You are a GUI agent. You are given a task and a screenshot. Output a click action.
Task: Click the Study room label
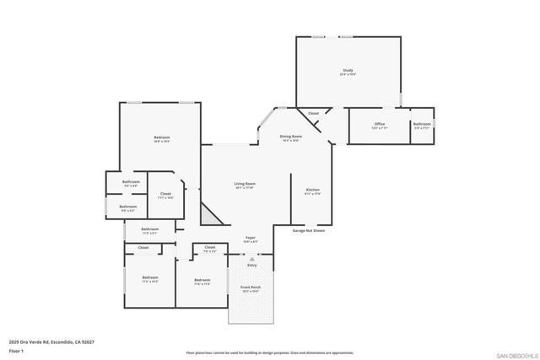348,71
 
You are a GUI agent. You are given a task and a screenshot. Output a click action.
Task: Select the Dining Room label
291,137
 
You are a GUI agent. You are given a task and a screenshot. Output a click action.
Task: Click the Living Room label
245,185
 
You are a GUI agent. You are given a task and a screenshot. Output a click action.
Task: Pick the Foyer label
251,239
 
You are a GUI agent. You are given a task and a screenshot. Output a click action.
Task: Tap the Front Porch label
251,289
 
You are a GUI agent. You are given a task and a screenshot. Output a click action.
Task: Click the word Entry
251,266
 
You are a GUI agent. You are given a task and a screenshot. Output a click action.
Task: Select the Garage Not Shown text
308,230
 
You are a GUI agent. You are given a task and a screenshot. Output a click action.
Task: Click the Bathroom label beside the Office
422,126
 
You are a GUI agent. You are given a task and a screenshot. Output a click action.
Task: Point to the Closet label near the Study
313,113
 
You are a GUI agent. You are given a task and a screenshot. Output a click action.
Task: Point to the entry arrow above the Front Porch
251,255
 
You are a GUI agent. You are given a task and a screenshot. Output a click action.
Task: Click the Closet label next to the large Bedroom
165,195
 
